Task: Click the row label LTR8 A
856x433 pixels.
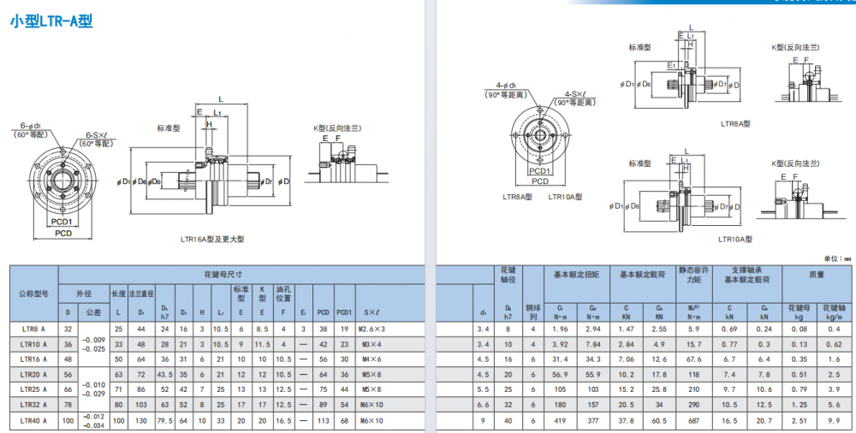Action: (33, 329)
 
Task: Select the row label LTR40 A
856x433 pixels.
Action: (33, 420)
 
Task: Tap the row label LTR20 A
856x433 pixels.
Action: (33, 374)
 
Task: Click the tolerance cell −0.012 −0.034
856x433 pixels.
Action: (93, 420)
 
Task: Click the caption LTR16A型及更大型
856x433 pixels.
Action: (212, 239)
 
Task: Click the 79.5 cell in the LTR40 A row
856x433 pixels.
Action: (163, 420)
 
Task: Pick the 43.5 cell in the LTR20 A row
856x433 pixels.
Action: (163, 374)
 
